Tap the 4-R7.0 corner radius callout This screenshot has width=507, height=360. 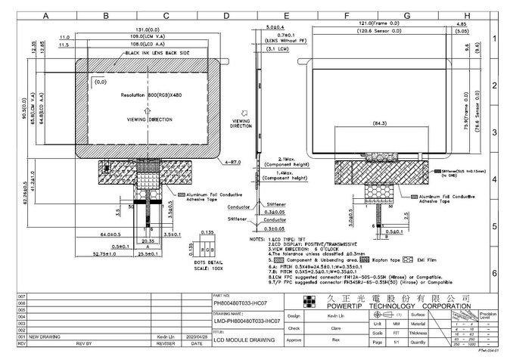click(232, 162)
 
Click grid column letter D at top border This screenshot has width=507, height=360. click(226, 15)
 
